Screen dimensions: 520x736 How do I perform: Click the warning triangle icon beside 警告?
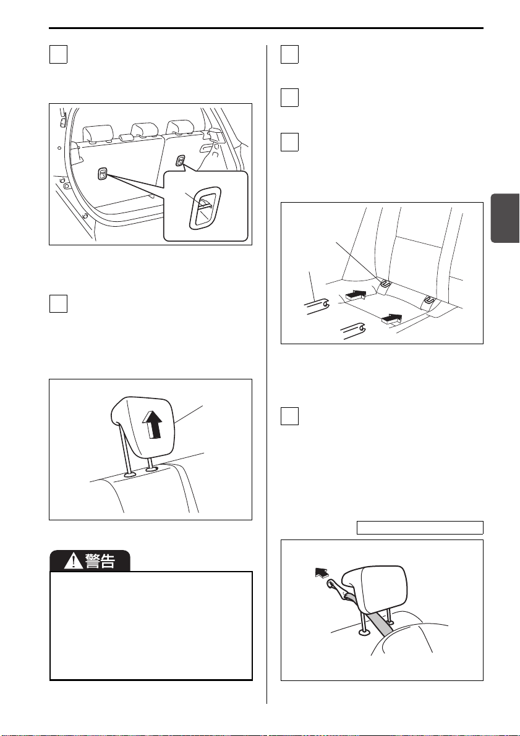tap(74, 560)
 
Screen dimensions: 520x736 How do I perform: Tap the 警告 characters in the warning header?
tap(100, 561)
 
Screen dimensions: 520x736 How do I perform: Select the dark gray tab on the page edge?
tap(505, 218)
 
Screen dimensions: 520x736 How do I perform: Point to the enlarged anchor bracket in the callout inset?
tap(205, 208)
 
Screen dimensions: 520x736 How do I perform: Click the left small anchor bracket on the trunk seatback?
tap(103, 174)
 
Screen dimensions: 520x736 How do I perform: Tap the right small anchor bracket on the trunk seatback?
tap(181, 161)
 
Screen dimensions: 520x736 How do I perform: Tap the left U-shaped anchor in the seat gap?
tap(384, 283)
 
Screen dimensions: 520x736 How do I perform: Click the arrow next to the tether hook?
tap(322, 573)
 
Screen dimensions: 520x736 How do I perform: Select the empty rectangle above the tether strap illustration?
tap(420, 528)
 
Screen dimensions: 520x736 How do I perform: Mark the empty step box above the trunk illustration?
tap(58, 54)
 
